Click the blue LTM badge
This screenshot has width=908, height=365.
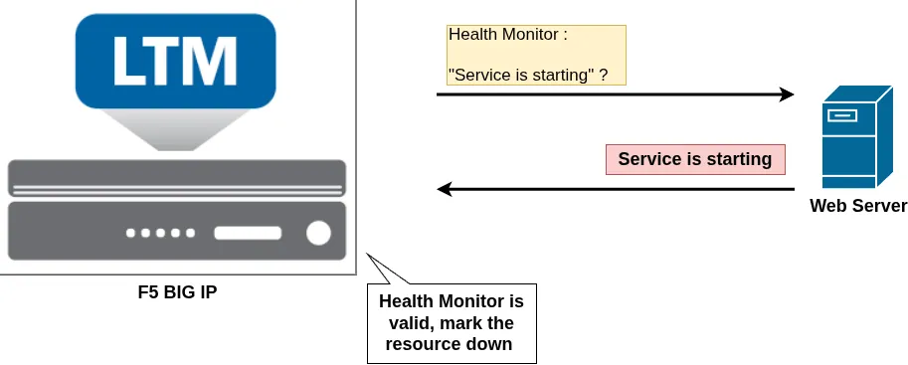(x=175, y=61)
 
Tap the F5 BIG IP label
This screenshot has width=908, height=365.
(x=178, y=292)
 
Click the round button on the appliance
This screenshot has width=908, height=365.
(x=318, y=233)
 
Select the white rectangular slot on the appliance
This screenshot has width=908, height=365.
(x=248, y=233)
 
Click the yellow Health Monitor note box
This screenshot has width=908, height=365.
(x=536, y=55)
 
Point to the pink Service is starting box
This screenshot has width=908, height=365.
(x=695, y=159)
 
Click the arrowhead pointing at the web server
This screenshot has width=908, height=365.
(x=786, y=94)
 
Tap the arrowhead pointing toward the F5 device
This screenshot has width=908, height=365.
(x=445, y=189)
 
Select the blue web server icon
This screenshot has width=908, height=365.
(x=857, y=136)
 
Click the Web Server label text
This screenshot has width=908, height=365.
(x=858, y=206)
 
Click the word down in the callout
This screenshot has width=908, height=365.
(x=491, y=343)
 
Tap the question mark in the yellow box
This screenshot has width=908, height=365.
(x=604, y=76)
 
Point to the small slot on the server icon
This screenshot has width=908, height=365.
(x=842, y=115)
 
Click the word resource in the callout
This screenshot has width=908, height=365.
(x=425, y=343)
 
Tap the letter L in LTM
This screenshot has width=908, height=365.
(x=128, y=62)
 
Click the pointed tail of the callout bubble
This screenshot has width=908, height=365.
(x=367, y=254)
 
